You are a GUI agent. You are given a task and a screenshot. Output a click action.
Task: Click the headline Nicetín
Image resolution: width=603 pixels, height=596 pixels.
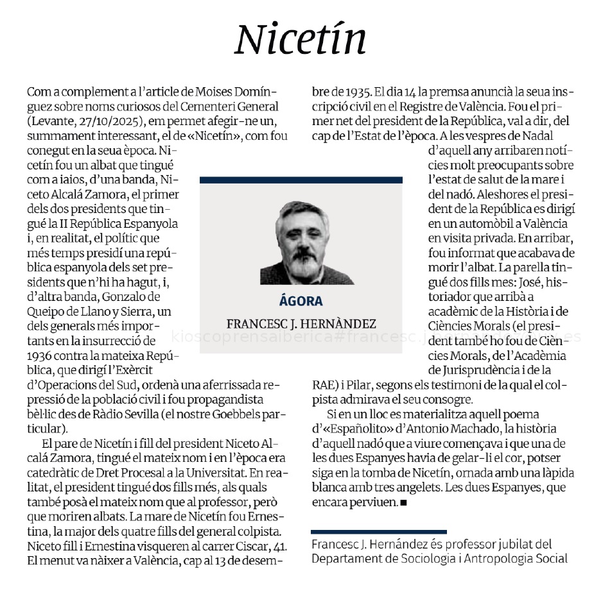[x=301, y=39]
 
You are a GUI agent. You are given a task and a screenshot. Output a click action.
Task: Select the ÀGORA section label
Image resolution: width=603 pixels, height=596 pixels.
[x=301, y=302]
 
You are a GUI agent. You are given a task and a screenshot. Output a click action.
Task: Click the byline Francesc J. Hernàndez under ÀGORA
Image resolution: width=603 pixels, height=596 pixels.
[x=301, y=325]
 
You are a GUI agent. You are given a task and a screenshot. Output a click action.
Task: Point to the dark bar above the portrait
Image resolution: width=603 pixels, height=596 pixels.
[x=301, y=180]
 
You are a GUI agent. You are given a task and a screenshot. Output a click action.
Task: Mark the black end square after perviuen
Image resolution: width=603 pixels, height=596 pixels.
[x=403, y=502]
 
